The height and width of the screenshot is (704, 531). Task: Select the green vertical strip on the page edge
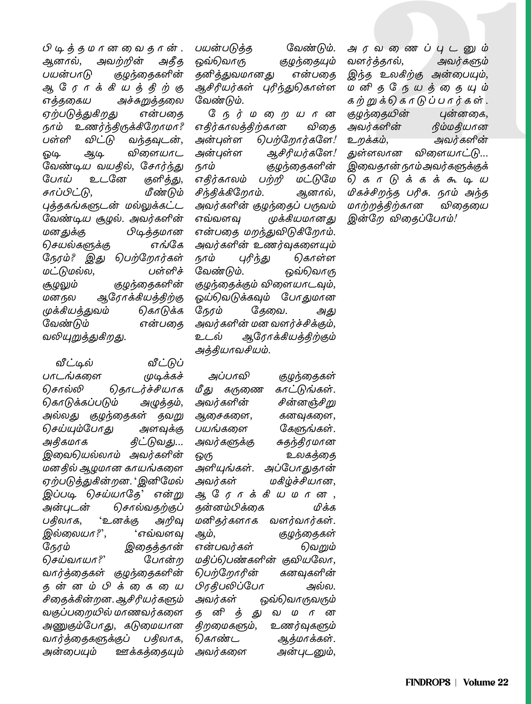(528, 350)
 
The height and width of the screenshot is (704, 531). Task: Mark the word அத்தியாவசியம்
(233, 350)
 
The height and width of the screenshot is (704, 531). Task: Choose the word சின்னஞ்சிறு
(307, 403)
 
